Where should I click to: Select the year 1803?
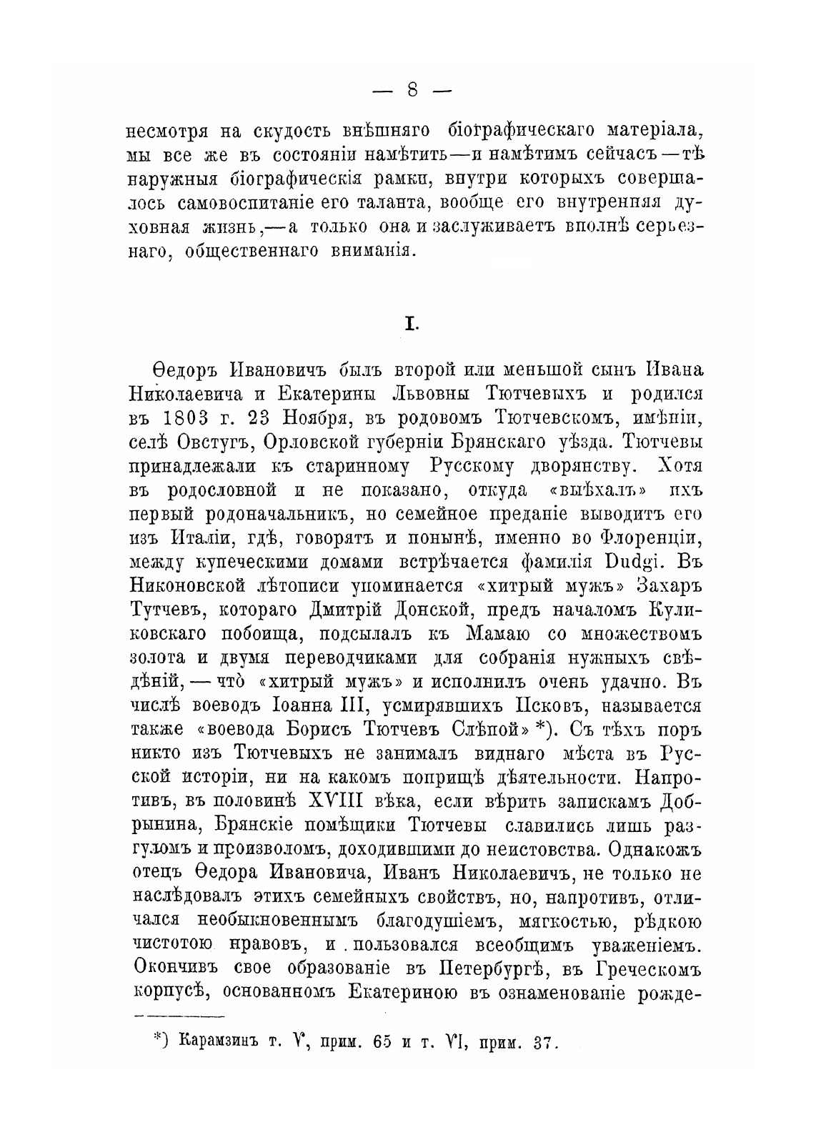point(197,417)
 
